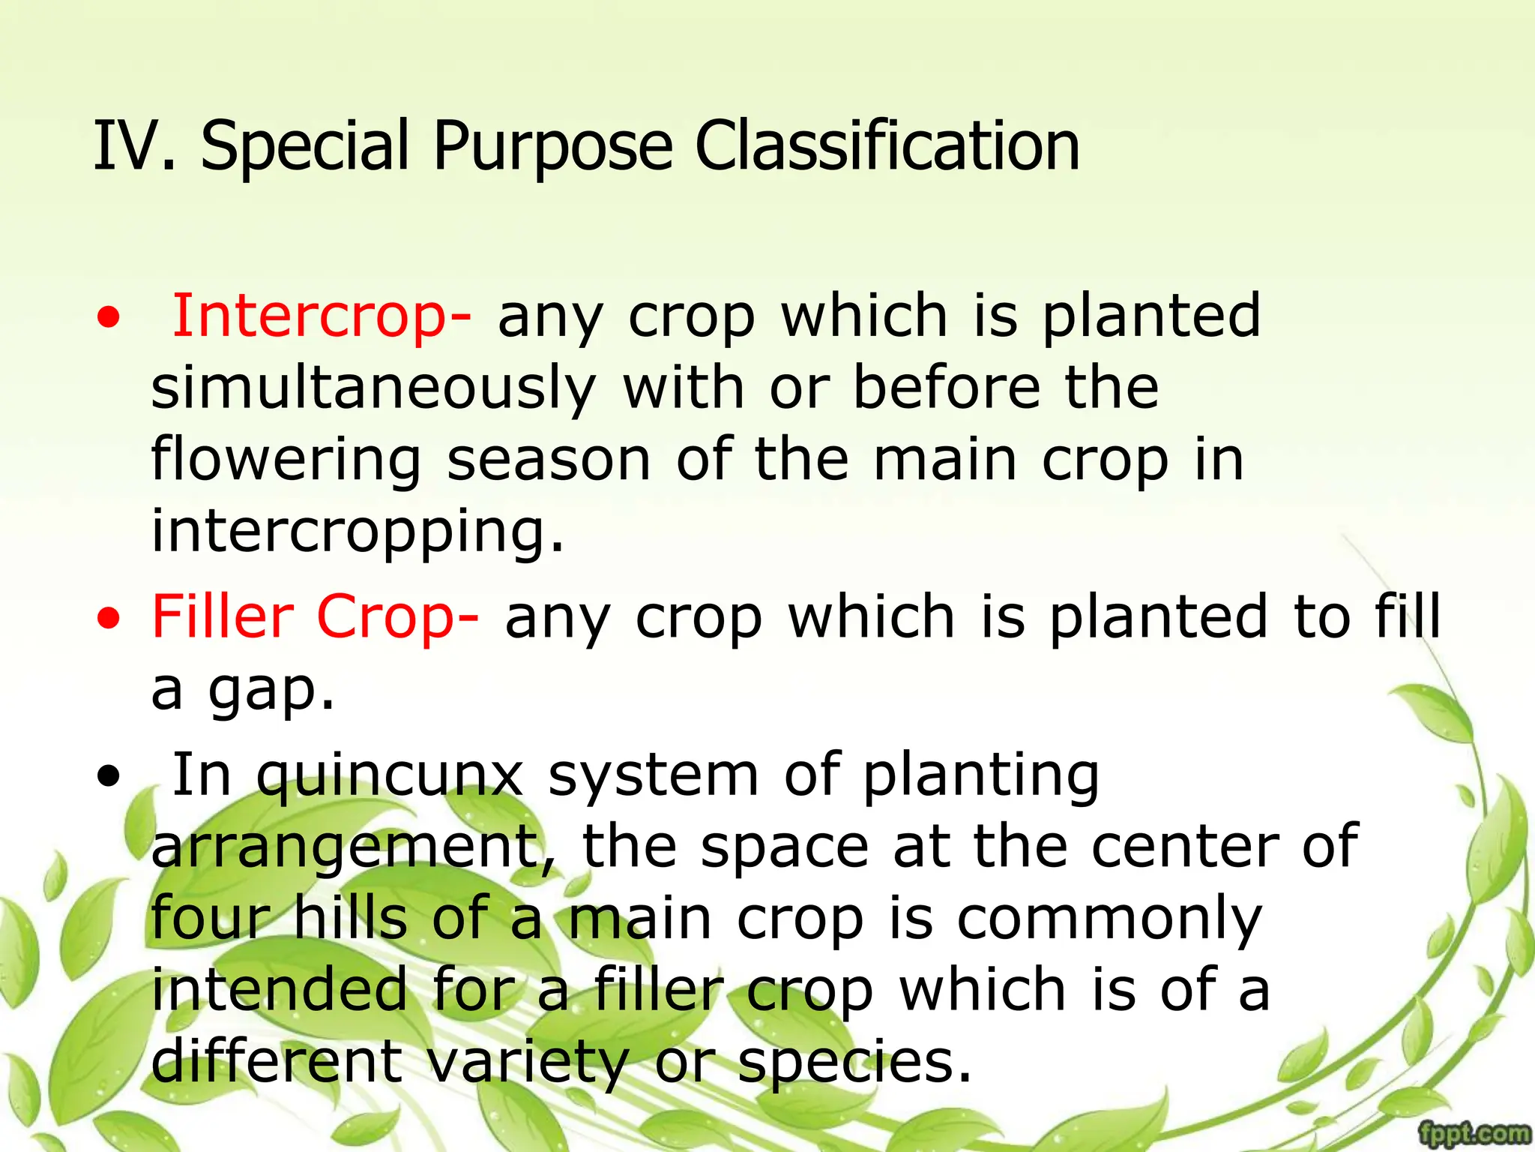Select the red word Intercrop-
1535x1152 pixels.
click(x=322, y=316)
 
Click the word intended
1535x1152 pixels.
click(x=279, y=990)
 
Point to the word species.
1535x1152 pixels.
click(x=854, y=1063)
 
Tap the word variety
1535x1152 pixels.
click(x=528, y=1063)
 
